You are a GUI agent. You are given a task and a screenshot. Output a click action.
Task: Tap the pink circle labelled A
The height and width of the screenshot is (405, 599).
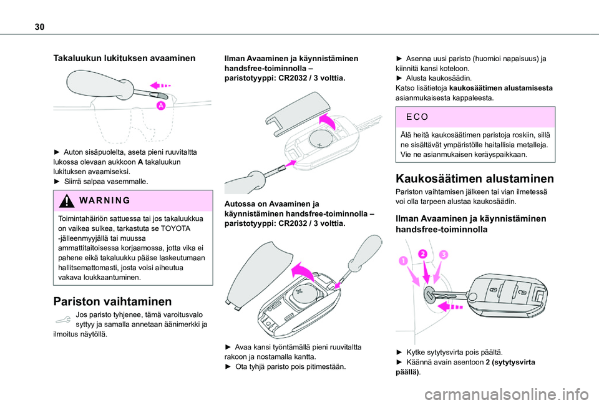(160, 107)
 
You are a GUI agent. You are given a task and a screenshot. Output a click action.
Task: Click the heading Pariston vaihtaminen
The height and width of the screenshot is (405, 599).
(104, 300)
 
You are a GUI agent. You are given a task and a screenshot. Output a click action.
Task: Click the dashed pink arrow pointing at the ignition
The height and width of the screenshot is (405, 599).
(451, 307)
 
